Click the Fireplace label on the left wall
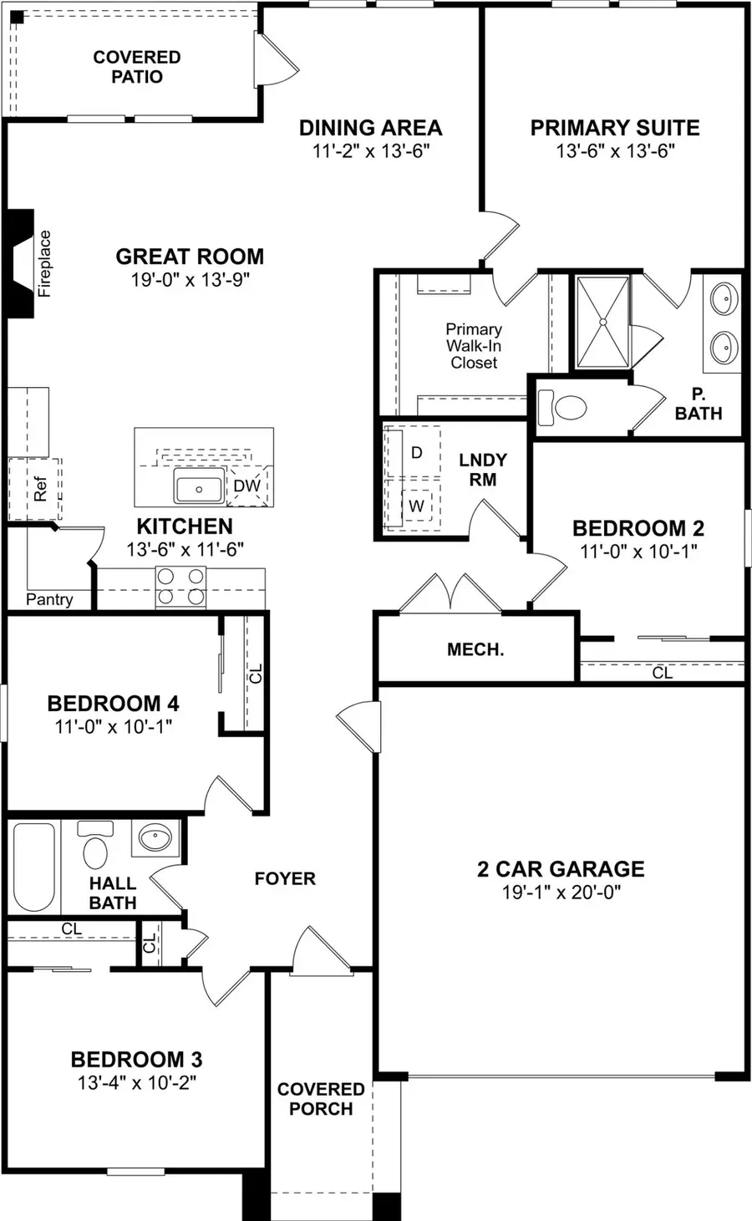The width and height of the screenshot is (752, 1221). [44, 263]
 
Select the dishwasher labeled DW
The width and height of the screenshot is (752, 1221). [246, 486]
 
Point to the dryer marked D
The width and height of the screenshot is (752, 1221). [416, 452]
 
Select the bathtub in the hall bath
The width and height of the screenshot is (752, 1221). [33, 867]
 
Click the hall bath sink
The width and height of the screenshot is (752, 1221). [155, 837]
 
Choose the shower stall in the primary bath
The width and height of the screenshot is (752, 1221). [601, 321]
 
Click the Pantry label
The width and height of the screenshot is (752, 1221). [49, 599]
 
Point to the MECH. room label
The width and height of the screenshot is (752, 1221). [475, 649]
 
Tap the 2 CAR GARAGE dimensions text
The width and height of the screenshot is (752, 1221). [561, 893]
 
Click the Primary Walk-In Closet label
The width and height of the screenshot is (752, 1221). [474, 346]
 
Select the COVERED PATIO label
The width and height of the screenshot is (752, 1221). [137, 67]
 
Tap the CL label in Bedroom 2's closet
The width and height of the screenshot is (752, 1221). [662, 672]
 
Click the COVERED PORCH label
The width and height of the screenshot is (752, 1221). [321, 1099]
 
